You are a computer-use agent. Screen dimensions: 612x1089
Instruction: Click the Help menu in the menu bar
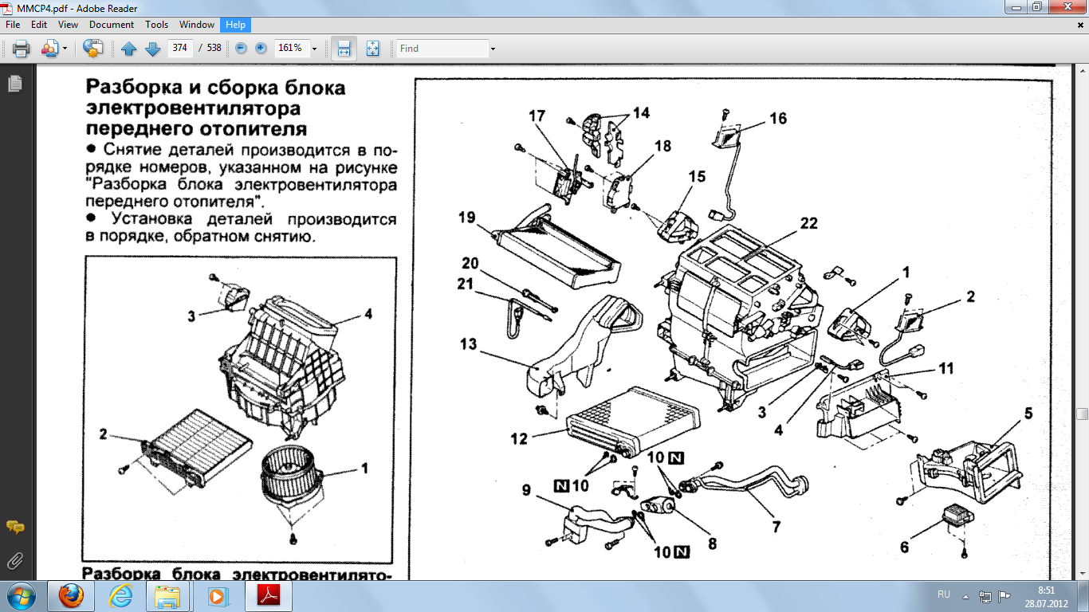coord(235,25)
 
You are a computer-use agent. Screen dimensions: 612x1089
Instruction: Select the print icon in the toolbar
coord(22,49)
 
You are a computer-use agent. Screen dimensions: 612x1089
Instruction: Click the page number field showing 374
coord(179,49)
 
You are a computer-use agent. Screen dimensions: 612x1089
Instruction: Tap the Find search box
coord(442,49)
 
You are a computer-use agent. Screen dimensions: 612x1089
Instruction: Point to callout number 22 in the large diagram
coord(808,224)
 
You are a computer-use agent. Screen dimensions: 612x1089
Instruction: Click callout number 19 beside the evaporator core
coord(468,217)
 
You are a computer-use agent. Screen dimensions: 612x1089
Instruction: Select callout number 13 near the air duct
coord(468,343)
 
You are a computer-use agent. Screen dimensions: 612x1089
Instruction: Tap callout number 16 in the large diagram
coord(777,118)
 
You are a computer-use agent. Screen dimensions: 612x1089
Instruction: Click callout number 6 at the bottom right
coord(904,547)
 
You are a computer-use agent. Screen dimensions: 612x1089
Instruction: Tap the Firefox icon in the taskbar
coord(71,595)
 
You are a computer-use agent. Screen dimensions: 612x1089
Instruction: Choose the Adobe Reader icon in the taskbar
coord(269,595)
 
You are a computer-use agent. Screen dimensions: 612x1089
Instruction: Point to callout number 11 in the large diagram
coord(946,369)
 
